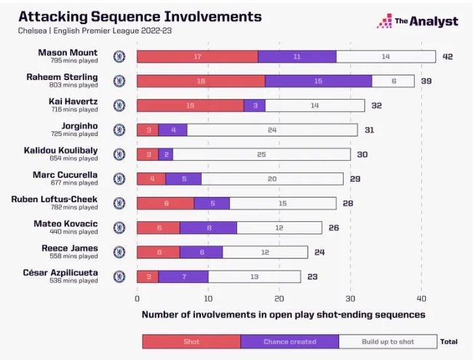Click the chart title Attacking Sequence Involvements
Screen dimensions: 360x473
(x=140, y=15)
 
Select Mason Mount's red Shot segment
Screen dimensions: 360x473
(x=197, y=56)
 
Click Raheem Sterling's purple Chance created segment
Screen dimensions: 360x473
(x=318, y=81)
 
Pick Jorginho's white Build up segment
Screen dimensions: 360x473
(x=272, y=129)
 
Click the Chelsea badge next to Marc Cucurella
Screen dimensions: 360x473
(x=119, y=179)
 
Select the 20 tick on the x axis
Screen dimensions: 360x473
(x=279, y=298)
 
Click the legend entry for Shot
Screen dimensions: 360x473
(x=191, y=340)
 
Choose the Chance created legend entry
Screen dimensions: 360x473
(x=289, y=340)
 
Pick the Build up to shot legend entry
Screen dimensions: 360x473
(x=387, y=340)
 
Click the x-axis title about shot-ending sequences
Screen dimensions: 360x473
(x=283, y=315)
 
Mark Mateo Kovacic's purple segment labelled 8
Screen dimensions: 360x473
(x=208, y=228)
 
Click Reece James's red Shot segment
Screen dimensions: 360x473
(x=158, y=252)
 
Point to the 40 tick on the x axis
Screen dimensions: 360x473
(x=421, y=298)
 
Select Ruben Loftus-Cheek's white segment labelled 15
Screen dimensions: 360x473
(x=283, y=203)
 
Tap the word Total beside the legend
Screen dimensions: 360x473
(x=449, y=340)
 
